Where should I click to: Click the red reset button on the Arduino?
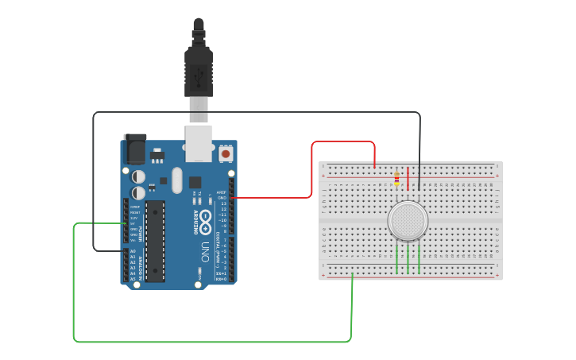point(226,153)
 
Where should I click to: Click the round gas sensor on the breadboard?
point(408,221)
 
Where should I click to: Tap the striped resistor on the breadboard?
point(396,179)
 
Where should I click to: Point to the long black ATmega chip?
point(155,240)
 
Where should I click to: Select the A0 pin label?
point(133,250)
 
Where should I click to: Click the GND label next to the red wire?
point(222,197)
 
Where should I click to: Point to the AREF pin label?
point(222,192)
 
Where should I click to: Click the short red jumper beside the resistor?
point(408,179)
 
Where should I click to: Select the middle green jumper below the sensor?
point(408,258)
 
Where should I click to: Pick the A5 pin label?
point(133,279)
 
